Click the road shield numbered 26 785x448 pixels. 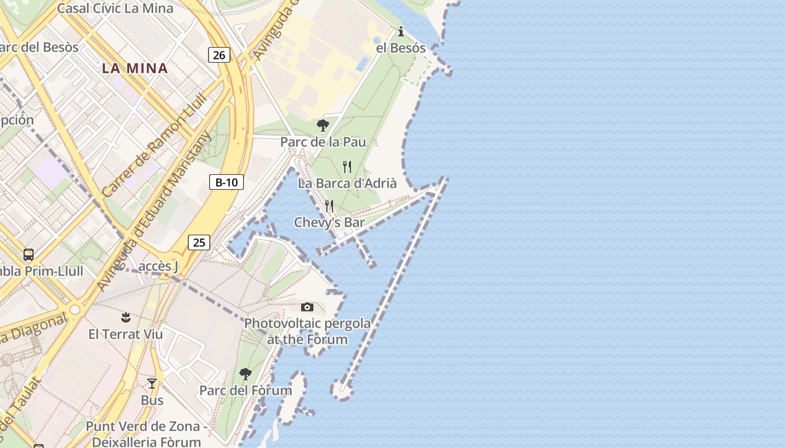click(x=219, y=55)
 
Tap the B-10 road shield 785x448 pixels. click(x=227, y=182)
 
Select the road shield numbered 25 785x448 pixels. click(x=198, y=242)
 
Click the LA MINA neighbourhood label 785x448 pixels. click(x=135, y=68)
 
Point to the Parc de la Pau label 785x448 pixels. click(x=323, y=142)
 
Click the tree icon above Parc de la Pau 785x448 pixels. click(x=322, y=125)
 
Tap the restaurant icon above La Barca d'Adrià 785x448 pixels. click(x=347, y=166)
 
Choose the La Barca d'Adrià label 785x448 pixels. click(x=347, y=183)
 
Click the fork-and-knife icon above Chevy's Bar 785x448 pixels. click(x=329, y=206)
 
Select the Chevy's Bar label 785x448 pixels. click(x=329, y=223)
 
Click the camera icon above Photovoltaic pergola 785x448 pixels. click(x=307, y=307)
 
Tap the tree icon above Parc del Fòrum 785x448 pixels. click(x=245, y=374)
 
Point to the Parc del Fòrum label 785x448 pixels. click(x=246, y=390)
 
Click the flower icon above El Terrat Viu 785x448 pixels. click(x=126, y=318)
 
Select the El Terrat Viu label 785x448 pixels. click(x=126, y=334)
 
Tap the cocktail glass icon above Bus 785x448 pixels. click(x=152, y=384)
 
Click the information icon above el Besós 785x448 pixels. click(x=400, y=31)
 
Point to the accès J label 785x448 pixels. click(x=158, y=267)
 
